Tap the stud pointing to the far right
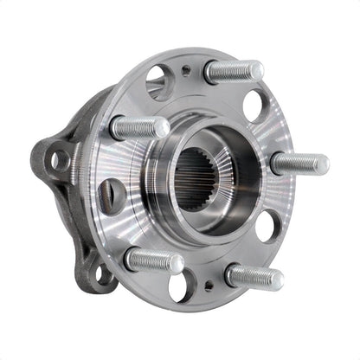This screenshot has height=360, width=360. [299, 163]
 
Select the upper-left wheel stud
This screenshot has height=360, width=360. [138, 128]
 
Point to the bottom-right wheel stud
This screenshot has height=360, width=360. [254, 276]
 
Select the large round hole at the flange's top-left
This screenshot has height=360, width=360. [159, 82]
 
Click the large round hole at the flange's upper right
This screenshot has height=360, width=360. [254, 106]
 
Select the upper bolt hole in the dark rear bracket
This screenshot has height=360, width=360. [59, 159]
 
